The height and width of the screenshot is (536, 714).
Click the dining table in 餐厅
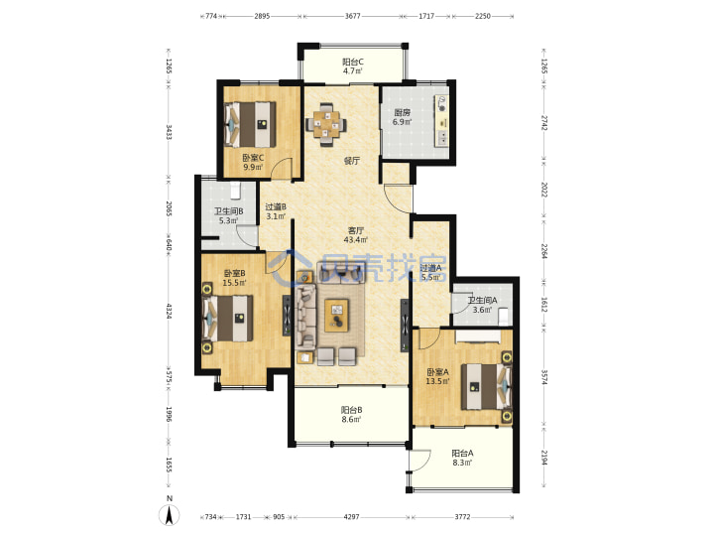pyautogui.click(x=325, y=124)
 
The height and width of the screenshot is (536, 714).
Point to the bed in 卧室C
pyautogui.click(x=250, y=124)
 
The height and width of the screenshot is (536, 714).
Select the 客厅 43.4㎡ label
pyautogui.click(x=356, y=234)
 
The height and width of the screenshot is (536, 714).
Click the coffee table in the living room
pyautogui.click(x=336, y=316)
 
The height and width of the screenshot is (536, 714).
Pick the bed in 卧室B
pyautogui.click(x=228, y=319)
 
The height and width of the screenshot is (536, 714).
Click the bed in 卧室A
pyautogui.click(x=486, y=386)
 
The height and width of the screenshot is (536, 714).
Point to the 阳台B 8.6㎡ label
pyautogui.click(x=351, y=414)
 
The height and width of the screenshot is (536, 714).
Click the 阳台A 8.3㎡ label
pyautogui.click(x=462, y=458)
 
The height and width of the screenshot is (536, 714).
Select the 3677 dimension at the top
pyautogui.click(x=352, y=16)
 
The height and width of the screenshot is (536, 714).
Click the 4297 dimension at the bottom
pyautogui.click(x=351, y=517)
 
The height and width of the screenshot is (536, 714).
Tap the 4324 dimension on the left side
pyautogui.click(x=169, y=311)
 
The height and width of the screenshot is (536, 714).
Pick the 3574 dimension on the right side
pyautogui.click(x=543, y=376)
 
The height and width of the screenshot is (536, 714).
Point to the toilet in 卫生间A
pyautogui.click(x=504, y=316)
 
